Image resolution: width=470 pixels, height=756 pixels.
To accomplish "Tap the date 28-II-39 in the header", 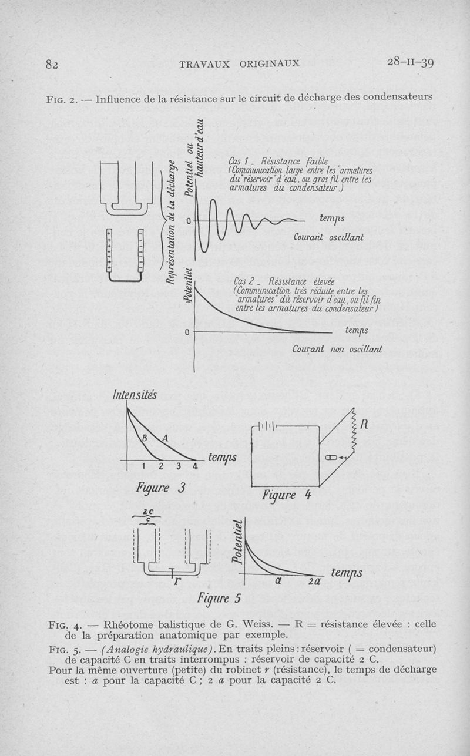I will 411,62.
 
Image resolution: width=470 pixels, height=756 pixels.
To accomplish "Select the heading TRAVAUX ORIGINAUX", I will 239,63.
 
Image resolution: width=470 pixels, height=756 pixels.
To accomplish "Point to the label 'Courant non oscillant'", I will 337,349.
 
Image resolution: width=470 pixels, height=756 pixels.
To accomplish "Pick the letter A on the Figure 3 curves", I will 165,438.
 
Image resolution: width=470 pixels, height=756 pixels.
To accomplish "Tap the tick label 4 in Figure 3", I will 195,467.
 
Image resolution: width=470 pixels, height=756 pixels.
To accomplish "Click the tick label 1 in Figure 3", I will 144,467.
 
